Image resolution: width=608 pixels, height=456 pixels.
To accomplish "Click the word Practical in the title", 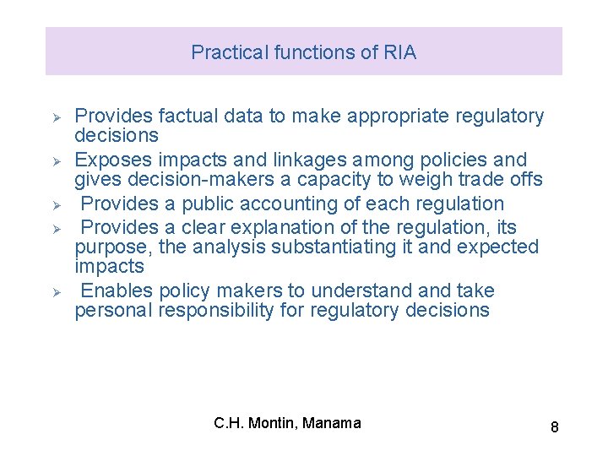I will tap(225, 52).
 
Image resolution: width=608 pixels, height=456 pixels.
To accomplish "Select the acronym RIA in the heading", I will tap(399, 52).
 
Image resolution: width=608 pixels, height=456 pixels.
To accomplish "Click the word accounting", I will tap(281, 204).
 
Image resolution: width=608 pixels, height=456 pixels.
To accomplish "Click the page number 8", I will tap(554, 427).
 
